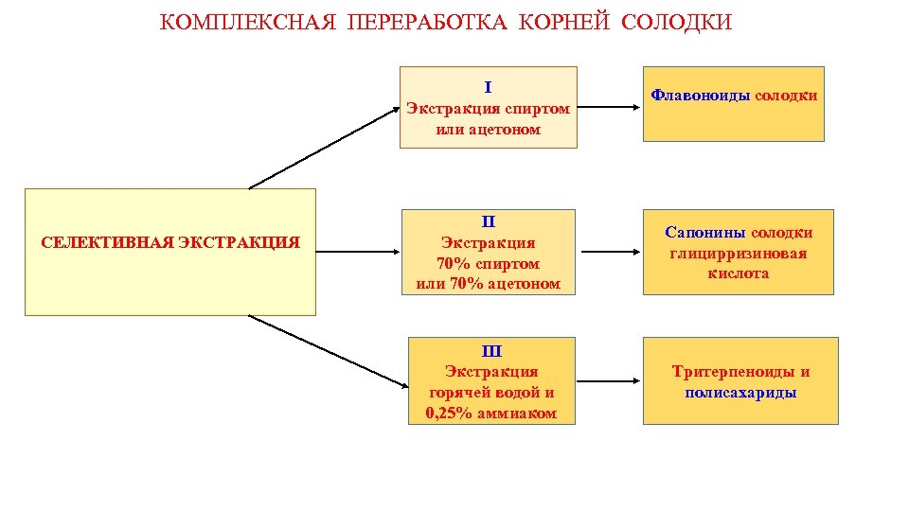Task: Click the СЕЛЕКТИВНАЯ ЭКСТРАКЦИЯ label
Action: click(x=170, y=243)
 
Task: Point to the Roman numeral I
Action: click(x=488, y=87)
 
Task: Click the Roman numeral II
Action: click(x=489, y=222)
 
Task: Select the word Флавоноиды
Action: click(x=701, y=96)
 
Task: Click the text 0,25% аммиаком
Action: click(x=490, y=414)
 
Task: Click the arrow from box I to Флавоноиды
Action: click(x=610, y=107)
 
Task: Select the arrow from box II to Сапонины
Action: click(x=610, y=252)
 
